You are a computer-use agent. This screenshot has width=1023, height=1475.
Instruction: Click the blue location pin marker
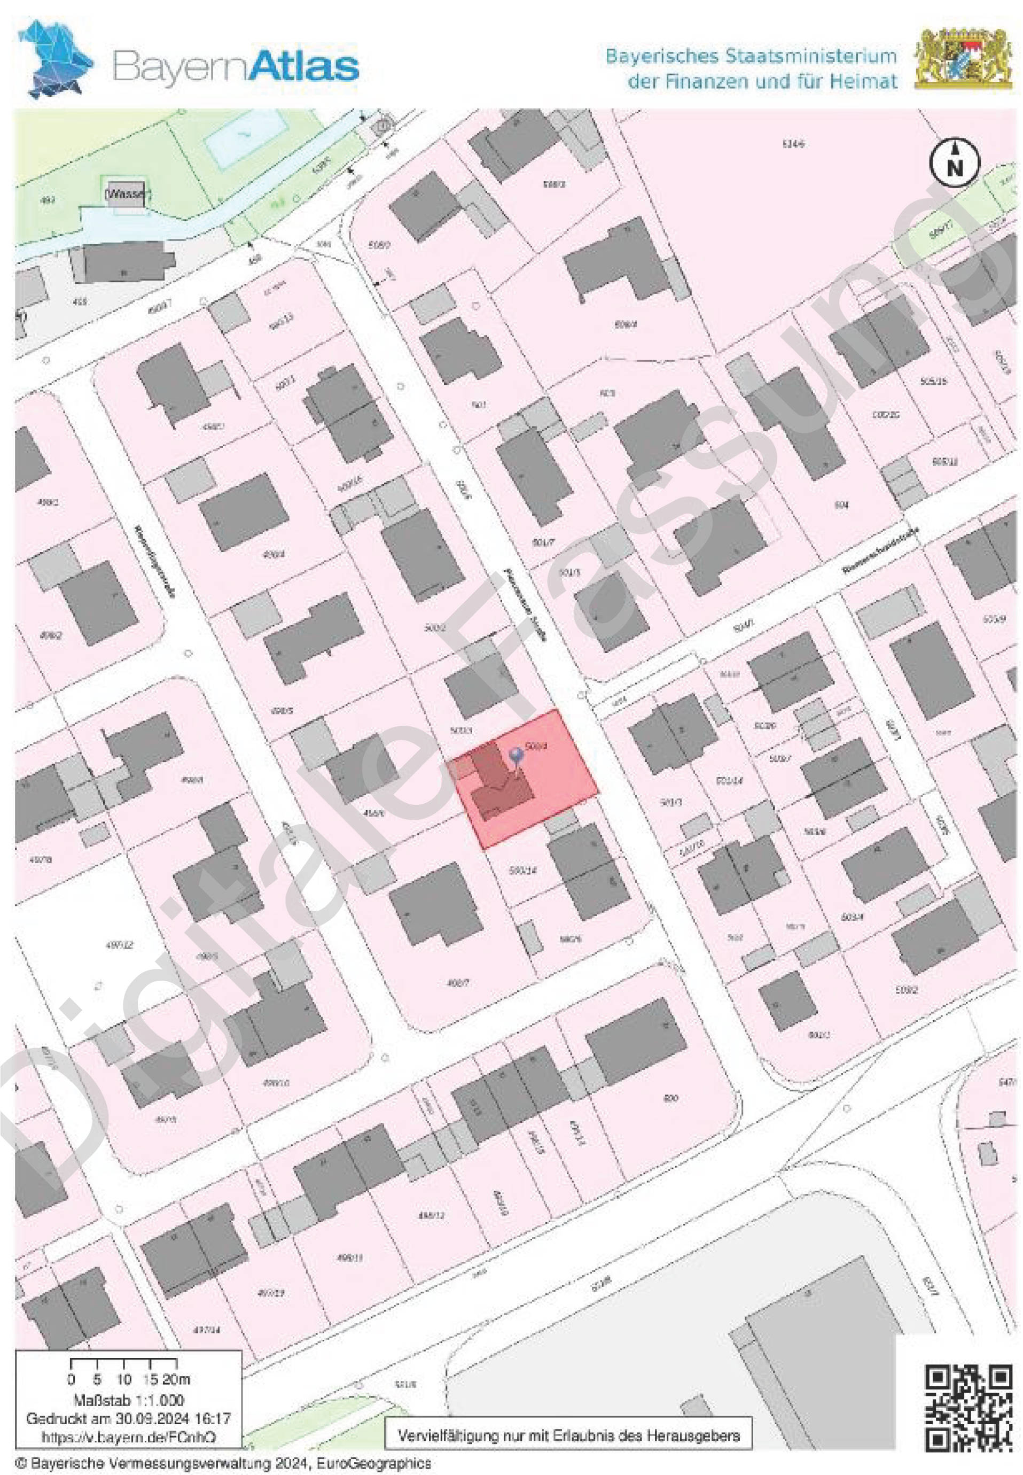click(x=516, y=757)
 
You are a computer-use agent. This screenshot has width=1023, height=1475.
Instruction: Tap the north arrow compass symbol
click(x=955, y=162)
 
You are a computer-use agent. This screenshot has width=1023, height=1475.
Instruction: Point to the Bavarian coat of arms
click(x=963, y=58)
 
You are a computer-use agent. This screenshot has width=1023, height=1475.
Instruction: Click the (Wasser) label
click(x=128, y=193)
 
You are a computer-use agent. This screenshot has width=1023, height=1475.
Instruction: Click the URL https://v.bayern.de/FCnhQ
click(x=128, y=1437)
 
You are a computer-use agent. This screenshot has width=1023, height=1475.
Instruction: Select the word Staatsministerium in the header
click(x=810, y=57)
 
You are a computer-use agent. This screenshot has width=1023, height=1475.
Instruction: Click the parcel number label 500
click(x=670, y=1099)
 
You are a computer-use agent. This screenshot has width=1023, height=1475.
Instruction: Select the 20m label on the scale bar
click(x=176, y=1379)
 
